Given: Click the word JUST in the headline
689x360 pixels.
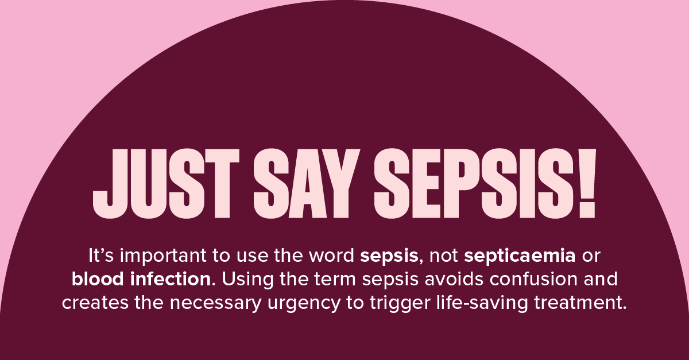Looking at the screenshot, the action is [166, 184].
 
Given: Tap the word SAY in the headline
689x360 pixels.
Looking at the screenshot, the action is [307, 184].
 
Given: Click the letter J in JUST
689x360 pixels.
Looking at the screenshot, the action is [110, 184].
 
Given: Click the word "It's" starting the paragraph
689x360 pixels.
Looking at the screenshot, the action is [101, 256].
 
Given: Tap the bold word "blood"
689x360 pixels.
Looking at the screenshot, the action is [98, 279].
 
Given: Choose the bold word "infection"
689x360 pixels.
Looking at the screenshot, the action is [171, 279].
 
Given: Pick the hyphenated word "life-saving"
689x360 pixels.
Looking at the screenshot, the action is [482, 303].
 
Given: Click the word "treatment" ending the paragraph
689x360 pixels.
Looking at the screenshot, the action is [580, 303].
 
